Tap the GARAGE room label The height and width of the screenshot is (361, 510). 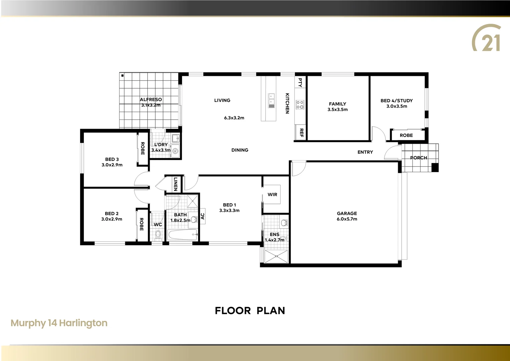(x=347, y=213)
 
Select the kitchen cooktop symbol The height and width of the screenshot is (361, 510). (x=300, y=105)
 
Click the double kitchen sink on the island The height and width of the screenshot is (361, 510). (x=272, y=99)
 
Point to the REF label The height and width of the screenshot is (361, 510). (x=301, y=133)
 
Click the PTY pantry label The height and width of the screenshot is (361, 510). (x=300, y=82)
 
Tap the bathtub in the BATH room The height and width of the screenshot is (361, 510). (x=182, y=235)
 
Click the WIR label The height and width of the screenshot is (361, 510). (x=272, y=195)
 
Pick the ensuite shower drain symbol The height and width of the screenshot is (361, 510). (x=276, y=256)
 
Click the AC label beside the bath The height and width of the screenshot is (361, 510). (x=202, y=216)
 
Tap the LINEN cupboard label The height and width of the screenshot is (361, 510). (x=175, y=184)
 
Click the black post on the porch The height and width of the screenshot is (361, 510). (x=435, y=167)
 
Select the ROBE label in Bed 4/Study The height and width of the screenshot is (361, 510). (x=406, y=135)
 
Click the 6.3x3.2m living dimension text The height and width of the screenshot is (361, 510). (x=234, y=118)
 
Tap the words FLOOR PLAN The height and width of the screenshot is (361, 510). (x=250, y=311)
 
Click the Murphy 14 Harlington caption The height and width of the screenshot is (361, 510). (x=59, y=323)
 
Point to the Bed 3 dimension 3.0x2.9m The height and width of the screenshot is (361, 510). (x=112, y=165)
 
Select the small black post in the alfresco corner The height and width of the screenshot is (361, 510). (x=123, y=76)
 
